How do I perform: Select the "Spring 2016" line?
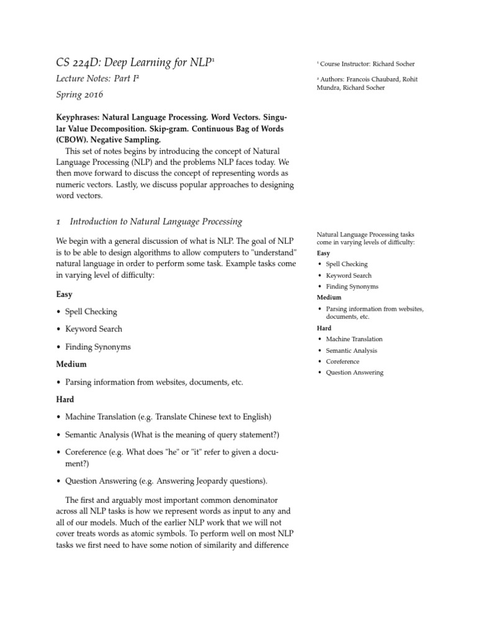coord(79,95)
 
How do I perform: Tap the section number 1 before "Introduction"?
coord(58,221)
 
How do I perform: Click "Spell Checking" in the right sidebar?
coord(347,264)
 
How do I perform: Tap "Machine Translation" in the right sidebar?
coord(354,339)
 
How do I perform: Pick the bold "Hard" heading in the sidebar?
coord(324,328)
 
